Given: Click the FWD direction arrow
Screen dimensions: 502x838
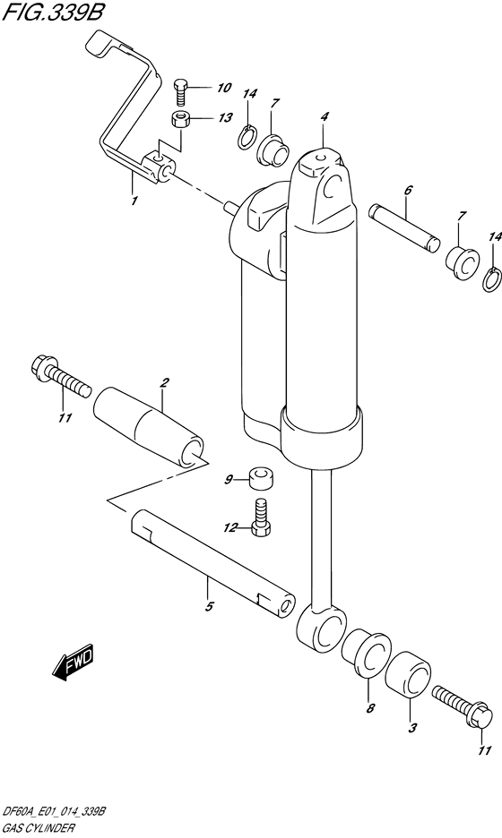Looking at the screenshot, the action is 73,662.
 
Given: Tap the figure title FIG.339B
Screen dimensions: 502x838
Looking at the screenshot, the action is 51,13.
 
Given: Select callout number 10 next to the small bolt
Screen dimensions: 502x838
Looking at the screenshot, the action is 209,87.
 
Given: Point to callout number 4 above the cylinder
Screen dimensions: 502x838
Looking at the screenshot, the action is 325,116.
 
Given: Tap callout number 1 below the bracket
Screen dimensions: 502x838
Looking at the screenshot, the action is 134,201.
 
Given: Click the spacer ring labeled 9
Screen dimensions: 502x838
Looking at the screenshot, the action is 262,477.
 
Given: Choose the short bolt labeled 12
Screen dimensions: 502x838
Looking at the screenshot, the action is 261,517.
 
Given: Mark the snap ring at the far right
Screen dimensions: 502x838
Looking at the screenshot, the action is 492,280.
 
